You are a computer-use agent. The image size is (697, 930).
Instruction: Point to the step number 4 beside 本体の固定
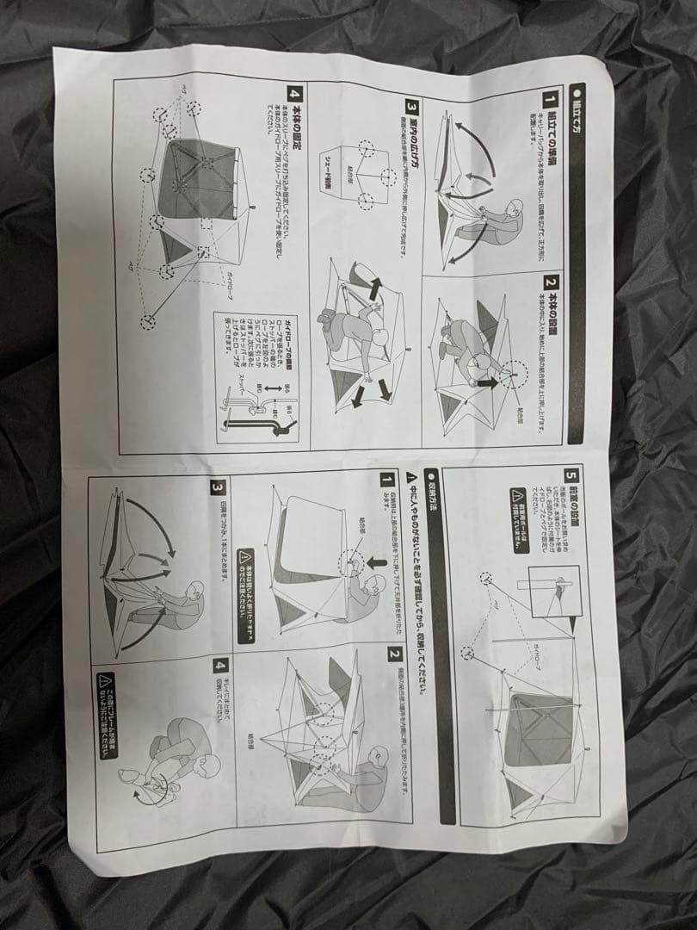click(295, 92)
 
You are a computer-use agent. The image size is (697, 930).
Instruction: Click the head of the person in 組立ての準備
click(514, 209)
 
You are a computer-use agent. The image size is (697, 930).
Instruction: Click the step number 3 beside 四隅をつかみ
click(216, 488)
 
